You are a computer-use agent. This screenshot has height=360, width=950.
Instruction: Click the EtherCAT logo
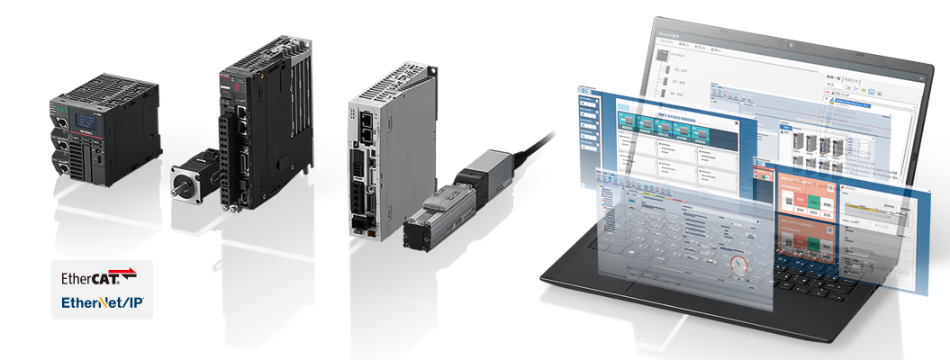pyautogui.click(x=99, y=276)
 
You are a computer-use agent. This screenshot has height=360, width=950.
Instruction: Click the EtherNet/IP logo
pyautogui.click(x=102, y=304)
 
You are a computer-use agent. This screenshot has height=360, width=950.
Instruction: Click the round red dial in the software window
pyautogui.click(x=739, y=266)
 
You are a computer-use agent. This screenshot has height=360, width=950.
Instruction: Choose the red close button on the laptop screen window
pyautogui.click(x=920, y=80)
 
